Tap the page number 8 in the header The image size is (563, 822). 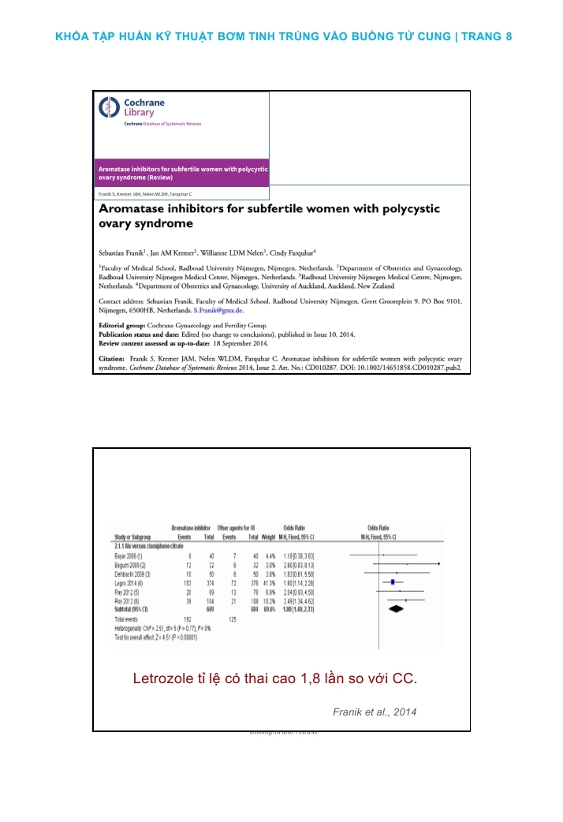pyautogui.click(x=509, y=36)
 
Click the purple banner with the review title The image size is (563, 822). pyautogui.click(x=182, y=174)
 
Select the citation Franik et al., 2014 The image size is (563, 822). pyautogui.click(x=375, y=712)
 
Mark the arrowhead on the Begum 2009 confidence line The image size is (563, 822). pyautogui.click(x=438, y=565)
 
